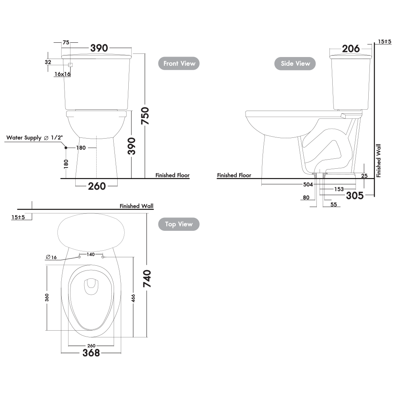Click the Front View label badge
click(179, 63)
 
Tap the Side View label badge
click(295, 63)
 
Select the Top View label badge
click(179, 224)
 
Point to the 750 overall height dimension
click(145, 116)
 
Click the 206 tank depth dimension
click(351, 49)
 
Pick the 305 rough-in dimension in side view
click(354, 196)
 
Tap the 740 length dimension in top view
click(147, 278)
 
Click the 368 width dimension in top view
click(91, 353)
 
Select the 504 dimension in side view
click(308, 185)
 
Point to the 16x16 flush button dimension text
click(63, 74)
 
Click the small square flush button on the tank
click(70, 65)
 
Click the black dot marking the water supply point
click(66, 148)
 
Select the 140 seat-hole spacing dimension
click(91, 254)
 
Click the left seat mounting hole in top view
click(79, 257)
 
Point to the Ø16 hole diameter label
click(51, 257)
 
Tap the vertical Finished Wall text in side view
click(378, 161)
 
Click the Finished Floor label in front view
click(172, 175)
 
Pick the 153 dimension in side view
click(339, 189)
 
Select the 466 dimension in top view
click(133, 298)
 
